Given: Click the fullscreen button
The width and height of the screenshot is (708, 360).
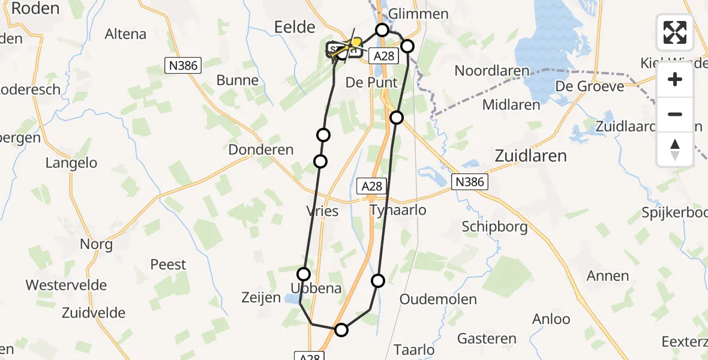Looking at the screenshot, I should (675, 32).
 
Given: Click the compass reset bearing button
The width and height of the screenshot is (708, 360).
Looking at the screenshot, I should (675, 149).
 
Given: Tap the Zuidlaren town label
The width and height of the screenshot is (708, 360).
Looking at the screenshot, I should (530, 156).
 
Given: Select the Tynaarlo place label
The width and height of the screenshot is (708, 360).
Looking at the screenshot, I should (398, 210).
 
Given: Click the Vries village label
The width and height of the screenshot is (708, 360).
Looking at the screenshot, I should (322, 211).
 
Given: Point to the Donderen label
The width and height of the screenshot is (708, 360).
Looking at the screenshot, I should (261, 150).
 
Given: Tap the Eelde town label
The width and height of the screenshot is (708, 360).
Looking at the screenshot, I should (295, 27).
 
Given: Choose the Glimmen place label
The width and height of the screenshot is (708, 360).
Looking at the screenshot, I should (418, 14).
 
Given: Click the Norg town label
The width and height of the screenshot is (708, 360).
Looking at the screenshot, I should (96, 244).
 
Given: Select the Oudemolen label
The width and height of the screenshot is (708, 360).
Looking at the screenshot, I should (438, 299).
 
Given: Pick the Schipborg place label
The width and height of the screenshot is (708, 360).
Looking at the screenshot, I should (495, 226).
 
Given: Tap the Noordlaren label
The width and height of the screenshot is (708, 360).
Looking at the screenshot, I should (492, 71).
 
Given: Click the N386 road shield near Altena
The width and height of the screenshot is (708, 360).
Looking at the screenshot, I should (183, 65).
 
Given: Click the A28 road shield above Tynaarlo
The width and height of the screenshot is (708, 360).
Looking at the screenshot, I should (372, 186).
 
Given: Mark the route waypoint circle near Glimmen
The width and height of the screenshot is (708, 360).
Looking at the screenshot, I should (382, 29).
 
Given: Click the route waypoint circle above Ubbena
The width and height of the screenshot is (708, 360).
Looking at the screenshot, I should (304, 274).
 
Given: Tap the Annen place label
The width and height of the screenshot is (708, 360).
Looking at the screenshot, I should (608, 276).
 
